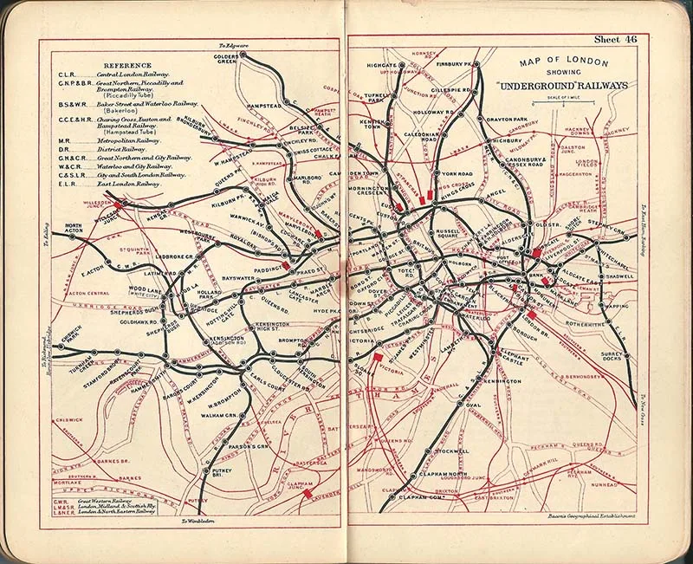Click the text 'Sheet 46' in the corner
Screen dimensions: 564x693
pos(615,39)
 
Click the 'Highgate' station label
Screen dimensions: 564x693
pos(381,65)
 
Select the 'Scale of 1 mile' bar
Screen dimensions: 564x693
pos(571,108)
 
